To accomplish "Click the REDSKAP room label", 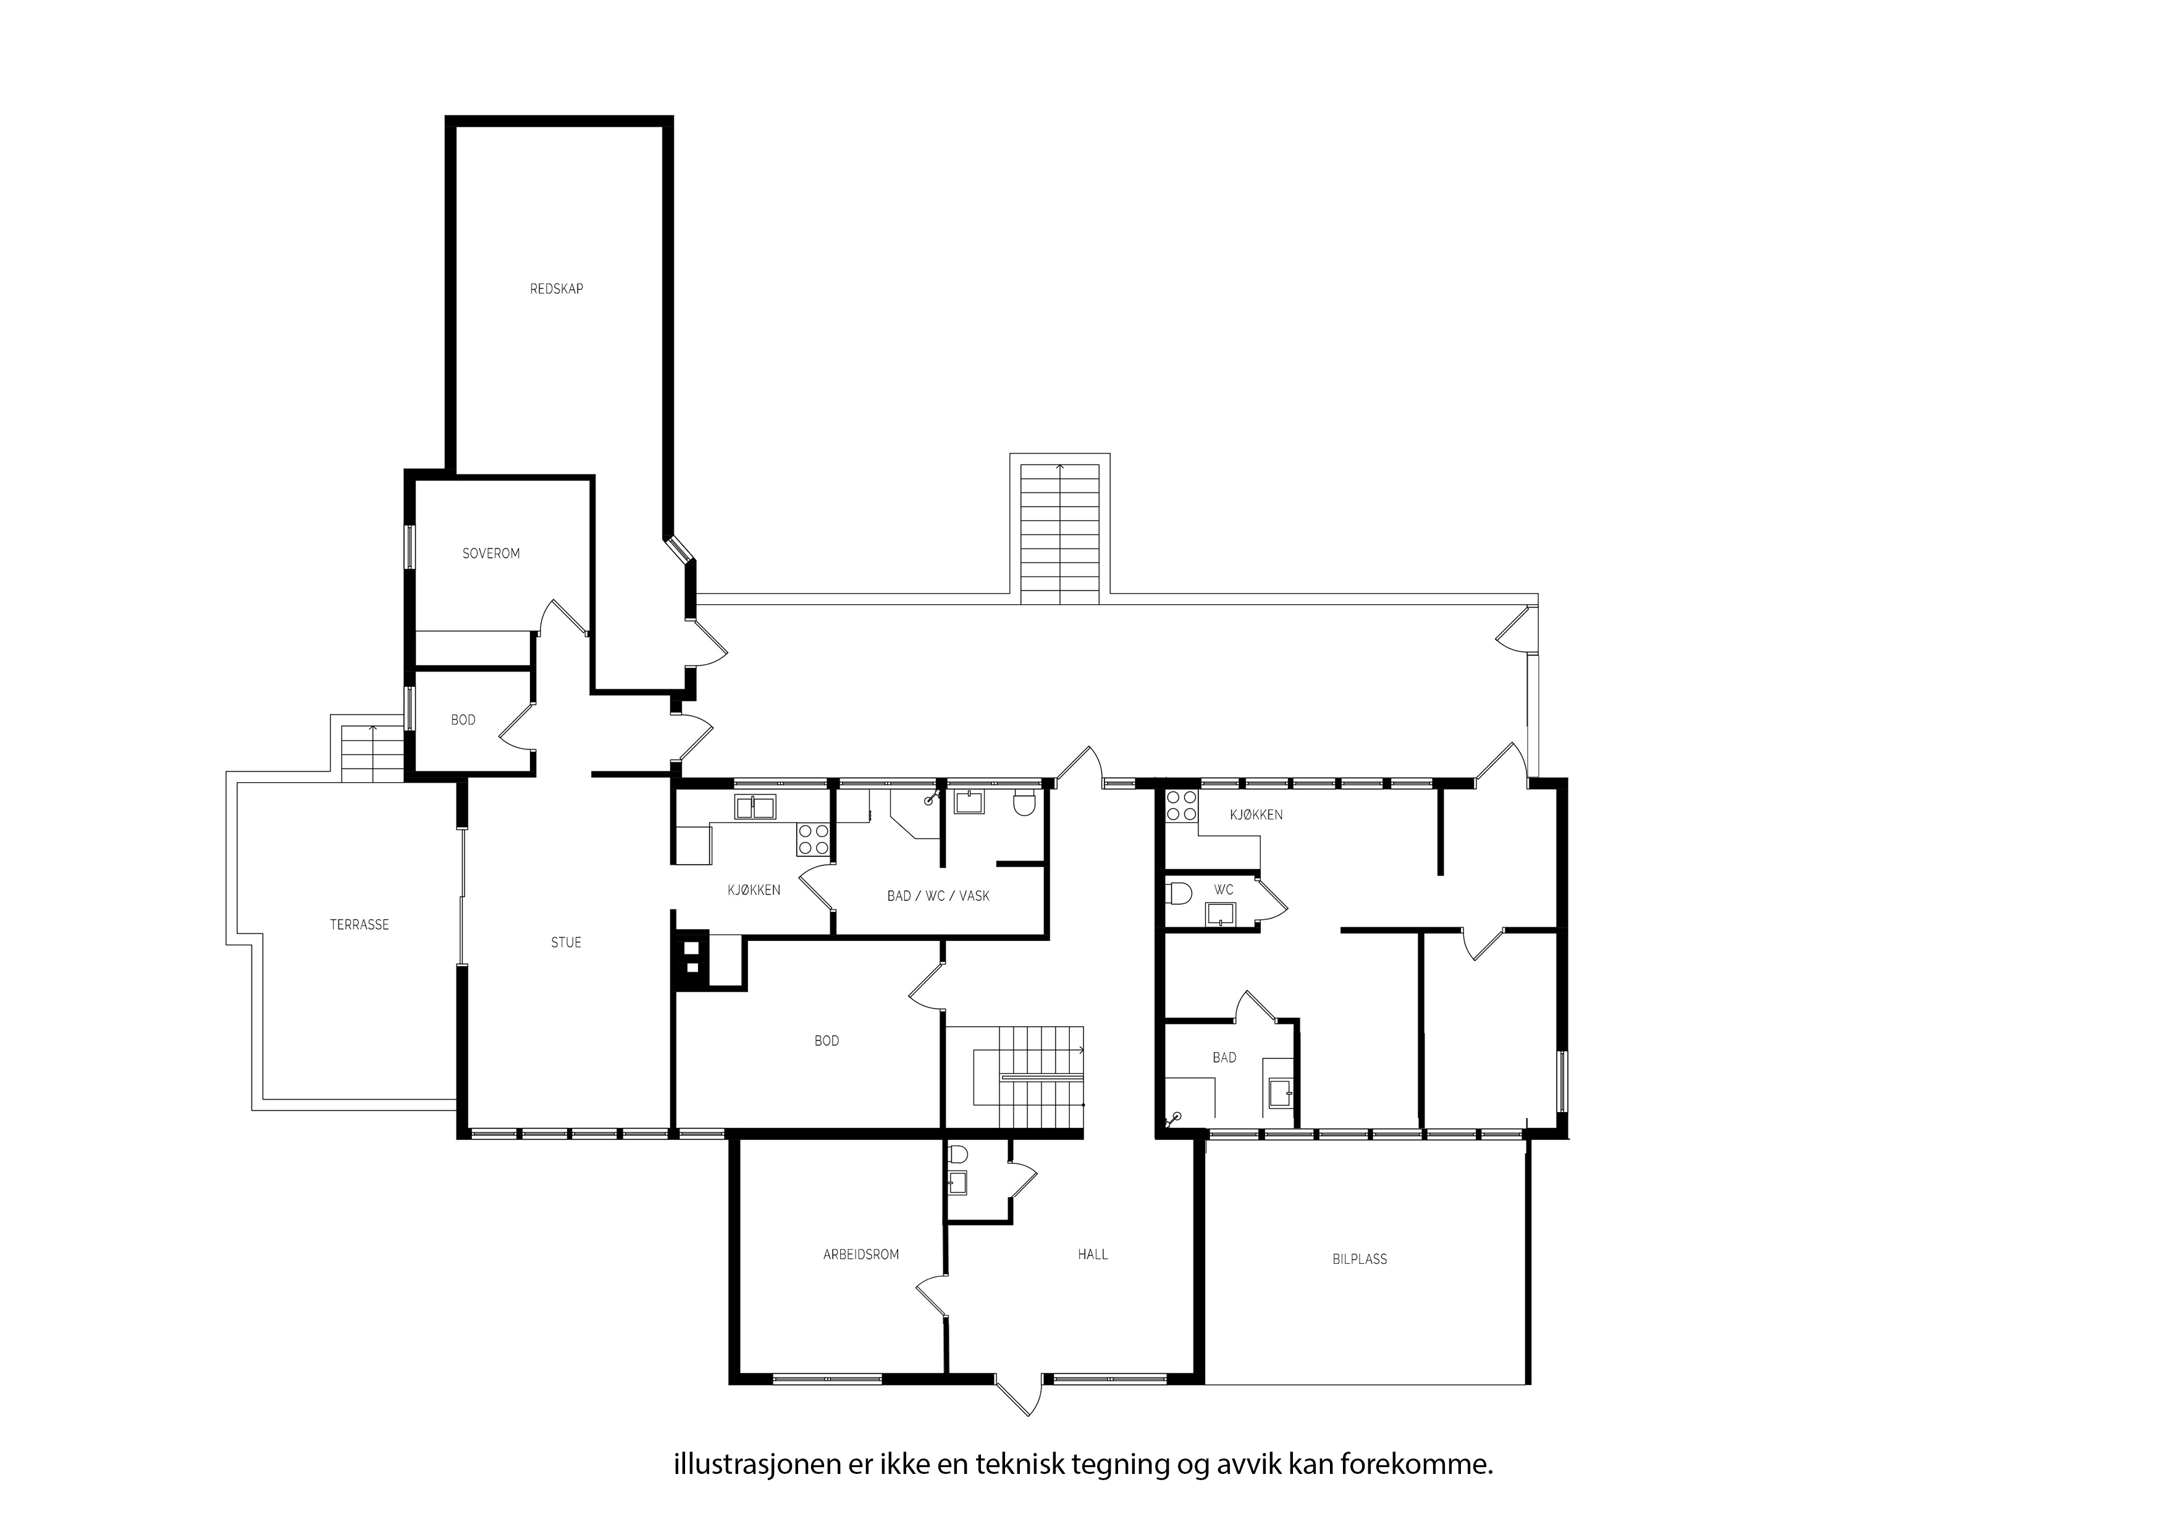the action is [x=556, y=289].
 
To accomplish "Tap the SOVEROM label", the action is [x=490, y=553].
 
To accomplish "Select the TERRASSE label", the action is [x=360, y=925].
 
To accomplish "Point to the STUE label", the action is [x=566, y=942].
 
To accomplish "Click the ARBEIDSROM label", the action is [x=860, y=1255].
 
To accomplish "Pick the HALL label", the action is [x=1093, y=1255].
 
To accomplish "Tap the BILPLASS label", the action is [x=1360, y=1259].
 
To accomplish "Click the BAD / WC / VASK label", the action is [x=938, y=896].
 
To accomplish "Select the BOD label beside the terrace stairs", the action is [x=463, y=720].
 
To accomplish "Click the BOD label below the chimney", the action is [x=827, y=1041].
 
